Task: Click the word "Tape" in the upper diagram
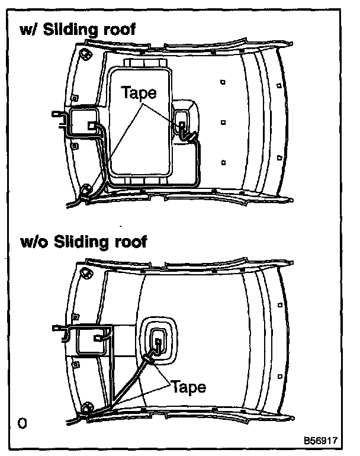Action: click(138, 92)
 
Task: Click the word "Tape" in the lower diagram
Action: click(189, 387)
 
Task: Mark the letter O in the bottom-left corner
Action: click(22, 422)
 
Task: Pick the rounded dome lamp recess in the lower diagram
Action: click(159, 341)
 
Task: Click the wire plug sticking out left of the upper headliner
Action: click(57, 115)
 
